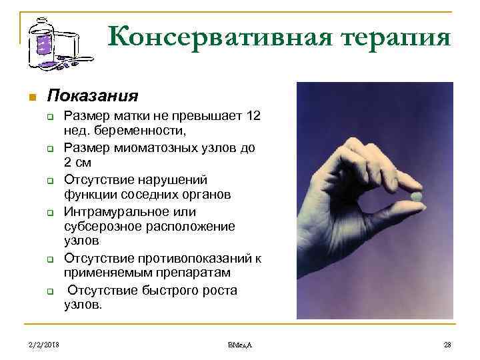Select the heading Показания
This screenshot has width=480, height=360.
93,95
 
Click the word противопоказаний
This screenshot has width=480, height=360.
189,259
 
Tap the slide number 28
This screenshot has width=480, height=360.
447,344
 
